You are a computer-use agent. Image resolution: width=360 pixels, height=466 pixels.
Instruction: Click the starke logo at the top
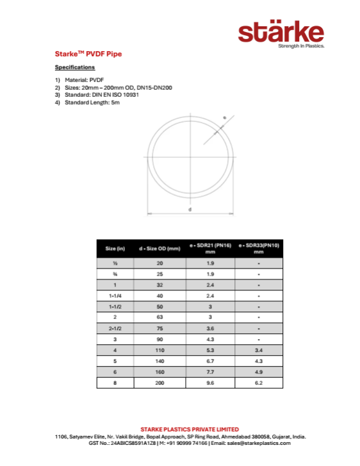281,33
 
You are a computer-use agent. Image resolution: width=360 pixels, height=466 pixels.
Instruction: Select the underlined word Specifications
75,67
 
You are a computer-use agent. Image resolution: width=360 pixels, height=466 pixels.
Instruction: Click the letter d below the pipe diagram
190,210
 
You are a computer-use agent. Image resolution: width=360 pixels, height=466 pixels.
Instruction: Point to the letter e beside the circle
224,117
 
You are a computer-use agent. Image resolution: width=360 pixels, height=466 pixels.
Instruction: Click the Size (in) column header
115,248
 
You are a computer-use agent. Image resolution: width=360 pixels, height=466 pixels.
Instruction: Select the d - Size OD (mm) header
160,248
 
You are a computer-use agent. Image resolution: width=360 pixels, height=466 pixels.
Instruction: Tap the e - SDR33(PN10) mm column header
258,248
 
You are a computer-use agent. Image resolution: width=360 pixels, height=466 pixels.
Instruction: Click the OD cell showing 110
160,350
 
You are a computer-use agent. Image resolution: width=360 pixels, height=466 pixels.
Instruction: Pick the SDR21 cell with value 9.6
210,383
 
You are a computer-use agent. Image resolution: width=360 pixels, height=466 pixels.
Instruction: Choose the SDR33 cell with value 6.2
258,383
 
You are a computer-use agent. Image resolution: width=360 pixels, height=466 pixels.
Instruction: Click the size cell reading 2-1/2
115,328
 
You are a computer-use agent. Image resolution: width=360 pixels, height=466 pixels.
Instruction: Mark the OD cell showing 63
160,317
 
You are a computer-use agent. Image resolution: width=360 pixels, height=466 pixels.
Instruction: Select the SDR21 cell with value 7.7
210,372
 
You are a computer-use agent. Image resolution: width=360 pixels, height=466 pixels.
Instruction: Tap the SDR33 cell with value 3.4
258,350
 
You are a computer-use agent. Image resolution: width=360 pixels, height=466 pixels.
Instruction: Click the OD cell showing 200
160,383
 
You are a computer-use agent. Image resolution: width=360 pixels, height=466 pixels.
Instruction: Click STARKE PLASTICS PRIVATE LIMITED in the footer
190,429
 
